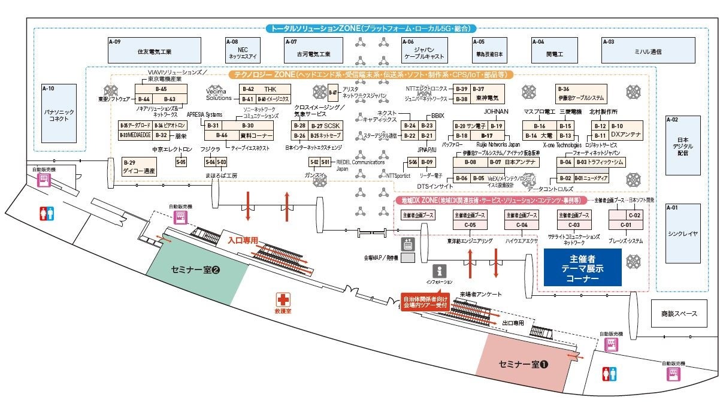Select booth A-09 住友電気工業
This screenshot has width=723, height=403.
154,50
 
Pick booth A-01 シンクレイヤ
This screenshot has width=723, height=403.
683,233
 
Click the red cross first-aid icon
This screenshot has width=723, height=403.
283,299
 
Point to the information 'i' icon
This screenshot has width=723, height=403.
440,271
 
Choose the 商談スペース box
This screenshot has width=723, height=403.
679,313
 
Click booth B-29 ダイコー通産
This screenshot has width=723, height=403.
139,167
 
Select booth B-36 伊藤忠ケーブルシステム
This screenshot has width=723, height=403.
580,93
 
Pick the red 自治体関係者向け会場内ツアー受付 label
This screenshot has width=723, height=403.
425,301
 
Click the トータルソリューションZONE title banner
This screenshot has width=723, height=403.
371,28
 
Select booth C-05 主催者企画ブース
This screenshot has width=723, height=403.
469,220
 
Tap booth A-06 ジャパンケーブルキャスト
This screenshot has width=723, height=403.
424,50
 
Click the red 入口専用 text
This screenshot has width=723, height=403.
243,240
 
